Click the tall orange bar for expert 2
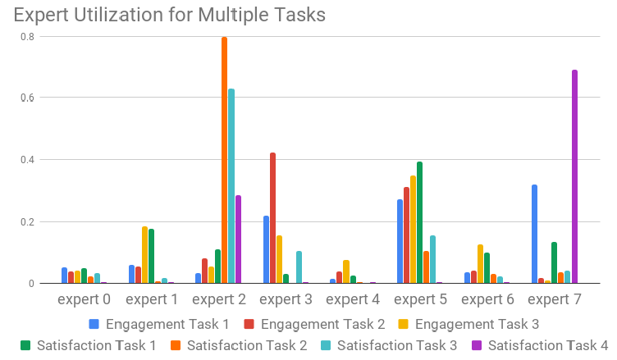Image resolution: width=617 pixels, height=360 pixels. pos(224,161)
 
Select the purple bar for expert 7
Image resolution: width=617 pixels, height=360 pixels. pos(574,177)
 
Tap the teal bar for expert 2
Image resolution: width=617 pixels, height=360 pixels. pos(231,186)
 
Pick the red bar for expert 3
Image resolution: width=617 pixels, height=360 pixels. pos(272,218)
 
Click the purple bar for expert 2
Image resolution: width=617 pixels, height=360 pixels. pos(238,239)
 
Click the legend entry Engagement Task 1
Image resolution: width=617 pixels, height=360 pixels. pos(156,323)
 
